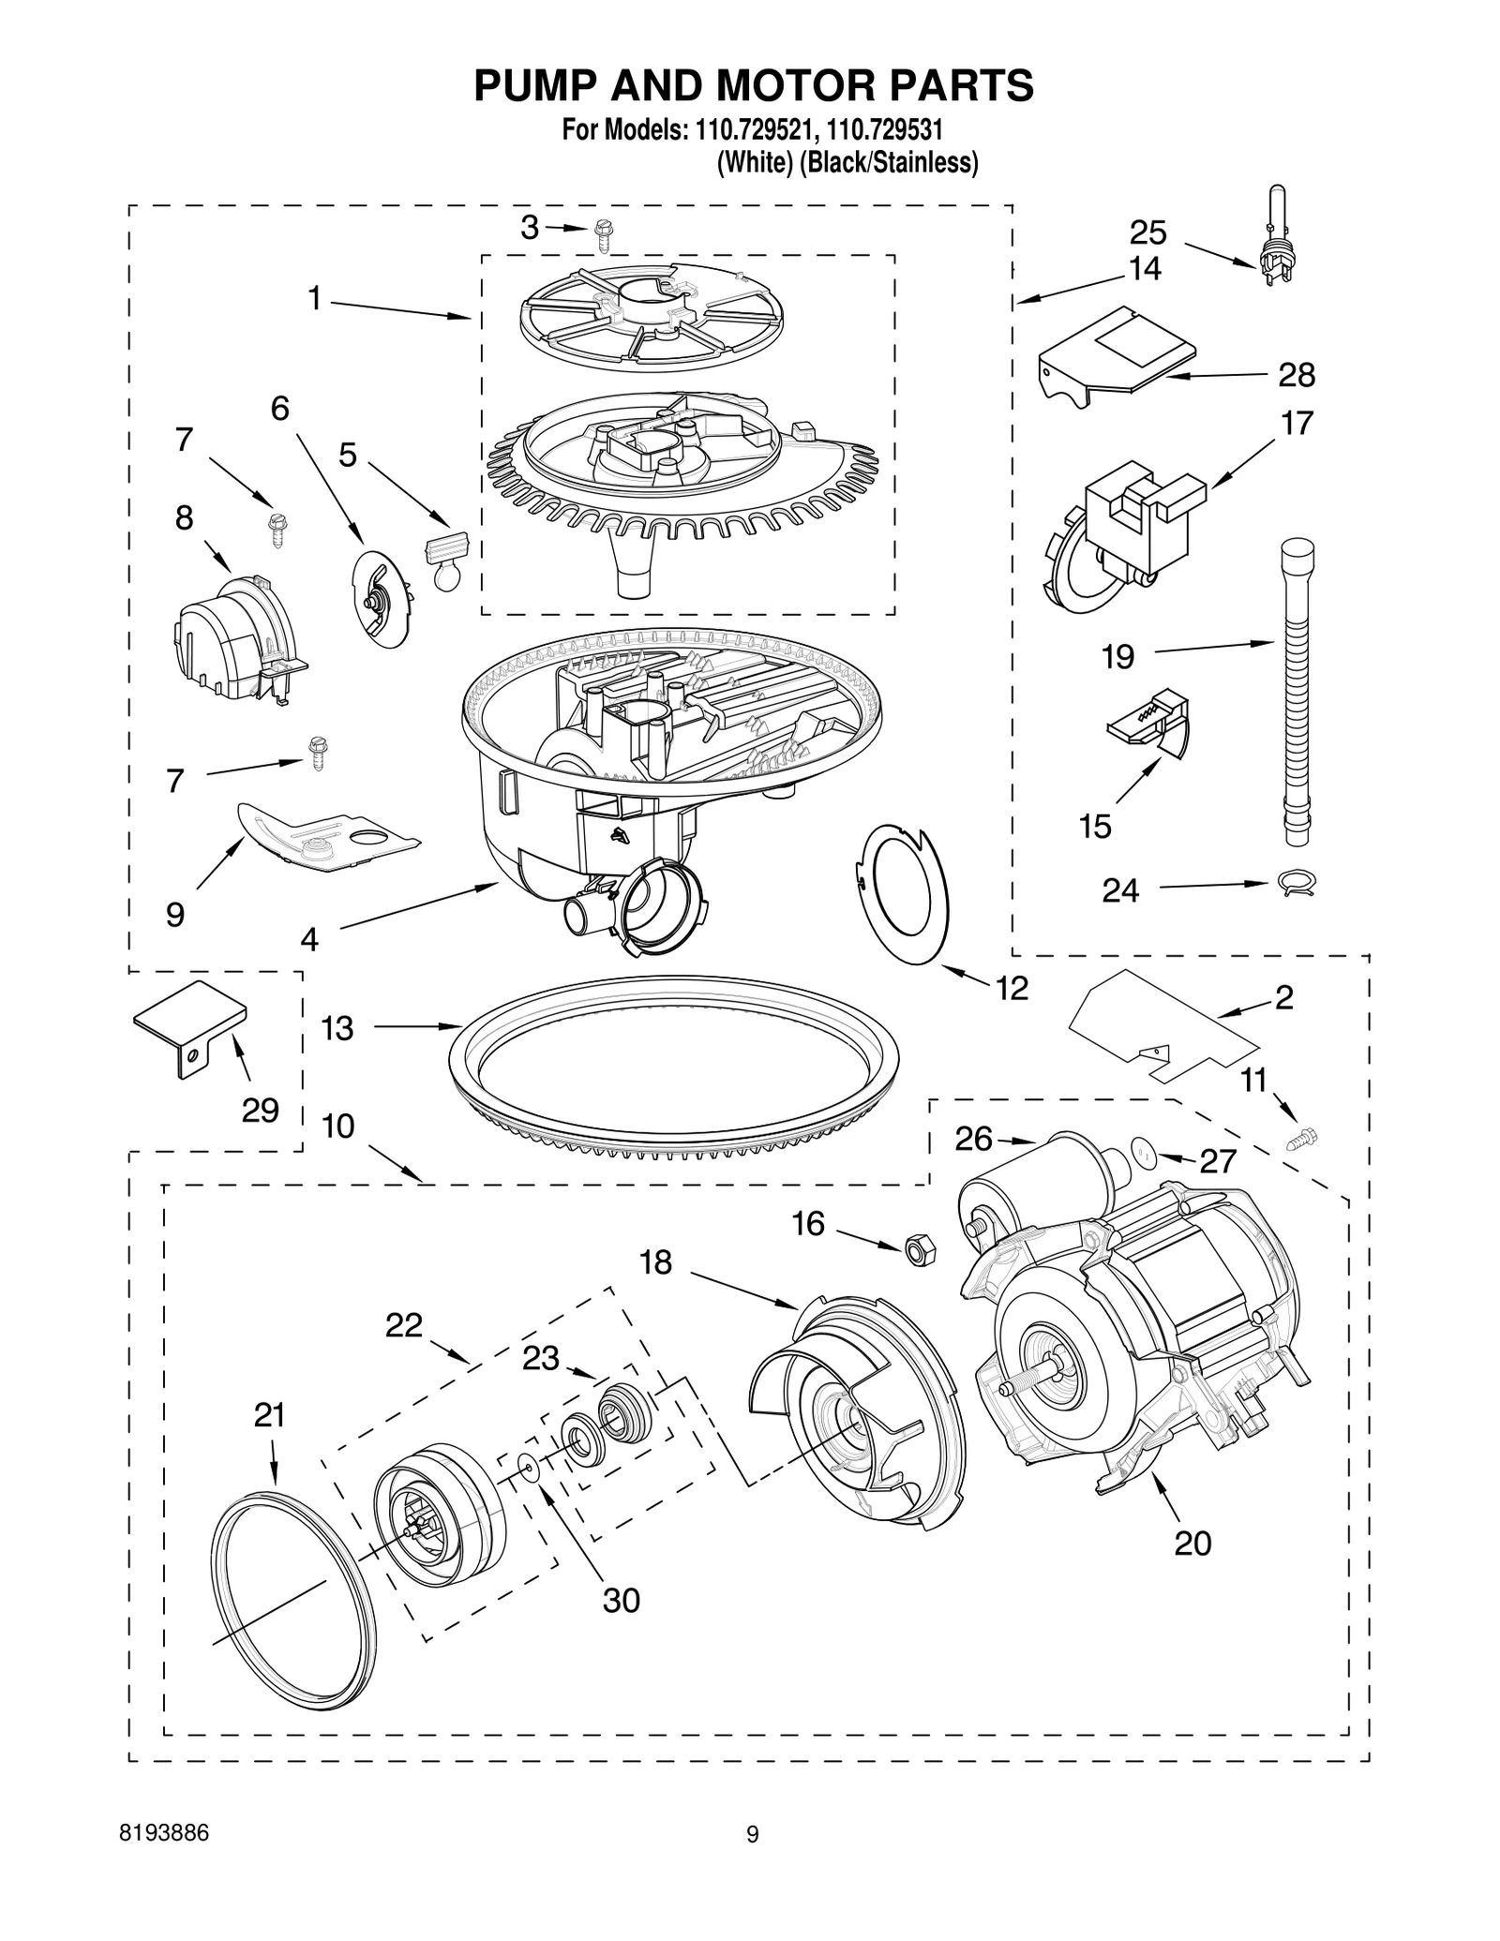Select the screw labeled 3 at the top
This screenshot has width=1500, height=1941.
tap(602, 237)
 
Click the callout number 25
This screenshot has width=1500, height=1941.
tap(1147, 232)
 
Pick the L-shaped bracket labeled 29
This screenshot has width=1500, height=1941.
tap(192, 1028)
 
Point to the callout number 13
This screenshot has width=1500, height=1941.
tap(337, 1028)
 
